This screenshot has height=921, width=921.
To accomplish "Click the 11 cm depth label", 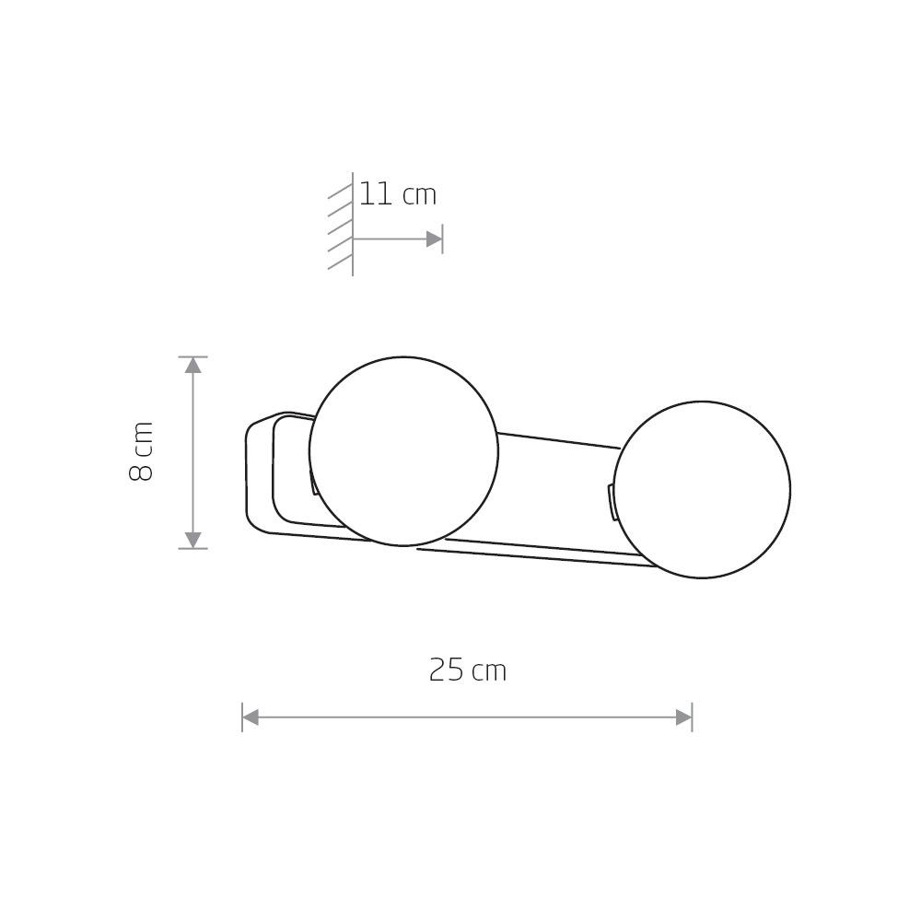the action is pos(398,194).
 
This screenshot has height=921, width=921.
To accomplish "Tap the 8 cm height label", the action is pos(141,451).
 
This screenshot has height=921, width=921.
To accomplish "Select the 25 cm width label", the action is pos(468,670).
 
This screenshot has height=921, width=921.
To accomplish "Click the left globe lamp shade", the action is pos(403,451).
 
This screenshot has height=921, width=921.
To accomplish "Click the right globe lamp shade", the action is pos(702,490).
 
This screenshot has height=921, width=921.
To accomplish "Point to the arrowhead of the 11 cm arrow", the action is pos(434,239).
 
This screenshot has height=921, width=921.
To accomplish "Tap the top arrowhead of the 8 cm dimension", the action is pos(192,366).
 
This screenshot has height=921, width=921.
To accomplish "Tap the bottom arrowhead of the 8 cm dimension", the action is pos(192,540).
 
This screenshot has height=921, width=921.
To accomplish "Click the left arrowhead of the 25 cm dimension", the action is pos(251,717).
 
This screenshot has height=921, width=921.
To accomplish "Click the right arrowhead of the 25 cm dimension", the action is pos(683,717).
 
